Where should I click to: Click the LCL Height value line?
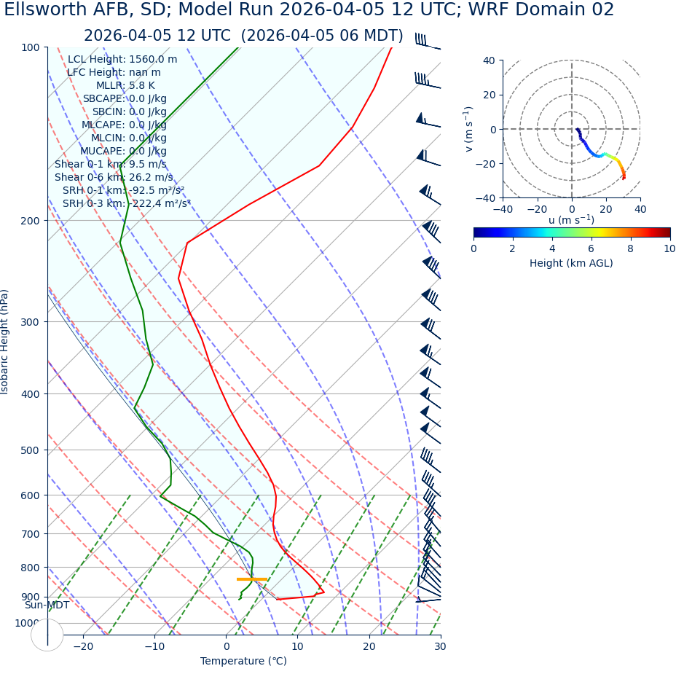pos(122,59)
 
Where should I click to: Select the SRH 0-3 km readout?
pos(126,203)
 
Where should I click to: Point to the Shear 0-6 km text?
pos(114,177)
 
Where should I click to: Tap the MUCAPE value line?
pos(123,151)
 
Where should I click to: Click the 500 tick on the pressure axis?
pos(30,450)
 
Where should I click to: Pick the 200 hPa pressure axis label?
pos(30,221)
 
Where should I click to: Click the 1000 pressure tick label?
pos(27,623)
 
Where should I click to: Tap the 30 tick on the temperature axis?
pos(440,646)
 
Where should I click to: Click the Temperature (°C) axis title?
pos(243,661)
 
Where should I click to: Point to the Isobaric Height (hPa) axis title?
pos(5,342)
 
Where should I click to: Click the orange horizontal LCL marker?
pos(252,579)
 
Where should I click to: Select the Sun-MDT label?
pos(47,605)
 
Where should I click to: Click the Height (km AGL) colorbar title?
pos(571,263)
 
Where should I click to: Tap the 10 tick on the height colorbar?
pos(669,248)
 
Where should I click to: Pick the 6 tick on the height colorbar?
pos(591,248)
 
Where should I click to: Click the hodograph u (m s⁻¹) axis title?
pos(571,220)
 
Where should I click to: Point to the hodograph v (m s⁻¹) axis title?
pos(469,129)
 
